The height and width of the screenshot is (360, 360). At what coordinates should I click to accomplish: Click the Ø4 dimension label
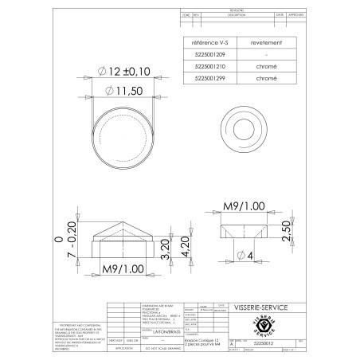(245, 256)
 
